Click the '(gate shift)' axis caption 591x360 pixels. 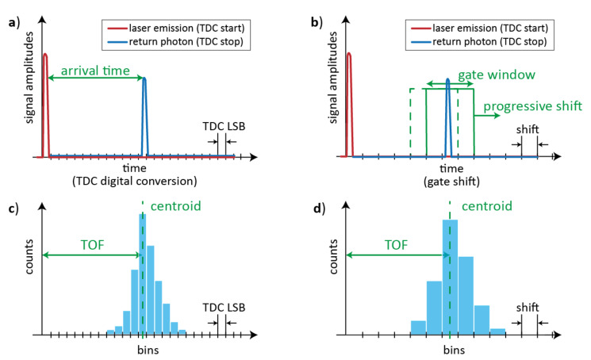point(451,182)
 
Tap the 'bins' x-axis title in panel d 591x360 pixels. point(450,349)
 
